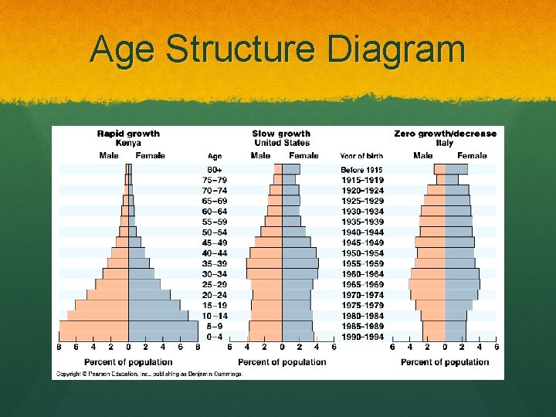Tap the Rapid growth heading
coord(128,134)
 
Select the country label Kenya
coord(128,143)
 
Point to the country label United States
coord(281,143)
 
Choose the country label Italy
coord(445,143)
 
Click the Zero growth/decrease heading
coord(445,134)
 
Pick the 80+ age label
coord(215,170)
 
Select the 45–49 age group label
coord(215,242)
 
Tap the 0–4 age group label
coord(215,336)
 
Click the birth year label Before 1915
coord(362,170)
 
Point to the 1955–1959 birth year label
coord(362,263)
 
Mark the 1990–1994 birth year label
coord(362,336)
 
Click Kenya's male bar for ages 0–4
coord(94,336)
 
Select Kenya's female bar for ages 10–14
coord(158,315)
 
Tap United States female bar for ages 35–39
coord(300,263)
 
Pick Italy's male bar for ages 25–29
coord(427,284)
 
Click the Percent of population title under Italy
coord(445,362)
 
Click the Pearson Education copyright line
coord(147,374)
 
